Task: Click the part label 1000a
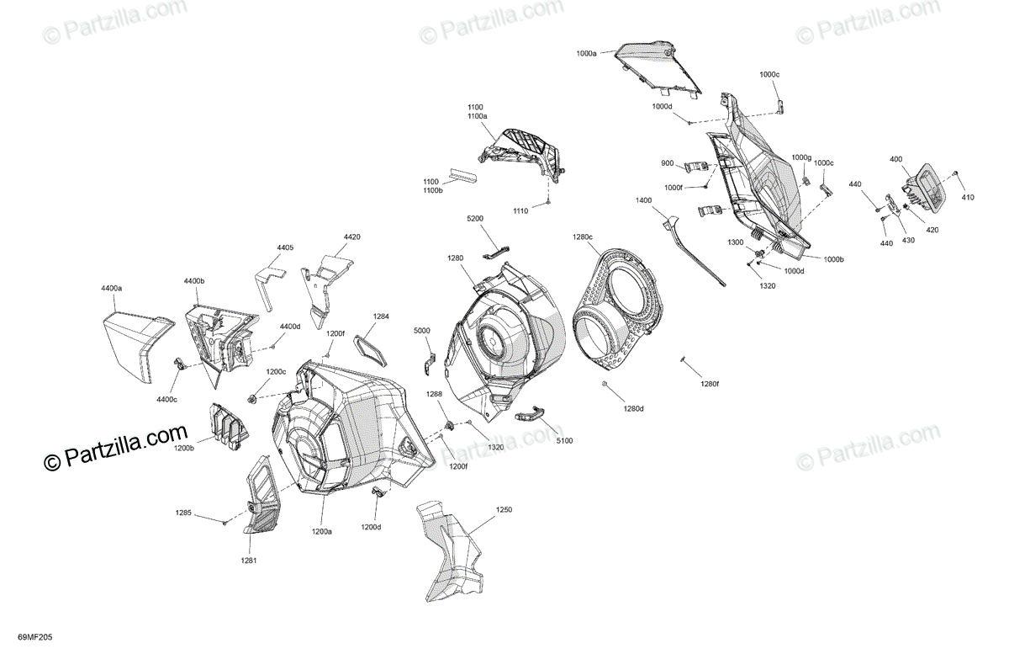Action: click(x=586, y=53)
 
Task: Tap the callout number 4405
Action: click(x=285, y=247)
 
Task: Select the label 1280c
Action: click(x=583, y=237)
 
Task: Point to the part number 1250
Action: click(x=504, y=510)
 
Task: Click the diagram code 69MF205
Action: click(x=35, y=637)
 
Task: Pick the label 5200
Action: click(x=475, y=218)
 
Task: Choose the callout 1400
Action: click(x=644, y=200)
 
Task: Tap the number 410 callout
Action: click(x=968, y=197)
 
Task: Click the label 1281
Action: click(x=249, y=561)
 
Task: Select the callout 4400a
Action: click(x=111, y=288)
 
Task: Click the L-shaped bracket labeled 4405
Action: click(x=269, y=287)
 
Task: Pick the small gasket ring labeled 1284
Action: click(x=371, y=353)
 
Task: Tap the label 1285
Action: click(x=183, y=513)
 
